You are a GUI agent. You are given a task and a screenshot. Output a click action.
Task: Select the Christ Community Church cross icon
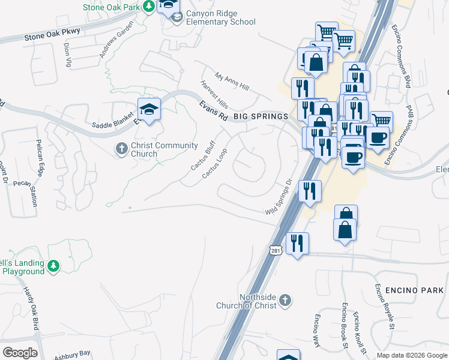pyautogui.click(x=121, y=148)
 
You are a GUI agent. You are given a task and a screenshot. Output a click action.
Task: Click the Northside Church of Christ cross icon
pyautogui.click(x=286, y=299)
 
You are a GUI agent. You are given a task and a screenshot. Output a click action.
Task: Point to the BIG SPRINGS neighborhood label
pyautogui.click(x=261, y=116)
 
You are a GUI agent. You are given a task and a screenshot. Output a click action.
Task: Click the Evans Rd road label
pyautogui.click(x=213, y=112)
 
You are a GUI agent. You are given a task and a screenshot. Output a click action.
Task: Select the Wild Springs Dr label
pyautogui.click(x=279, y=197)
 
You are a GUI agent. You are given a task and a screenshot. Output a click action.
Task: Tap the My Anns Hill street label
pyautogui.click(x=232, y=82)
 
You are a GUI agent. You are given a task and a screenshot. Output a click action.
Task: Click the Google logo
pyautogui.click(x=20, y=353)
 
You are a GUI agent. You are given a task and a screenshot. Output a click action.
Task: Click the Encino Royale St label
pyautogui.click(x=384, y=307)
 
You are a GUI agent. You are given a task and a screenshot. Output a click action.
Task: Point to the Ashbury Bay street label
pyautogui.click(x=71, y=354)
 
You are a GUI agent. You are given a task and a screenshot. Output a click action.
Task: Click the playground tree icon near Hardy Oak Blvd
pyautogui.click(x=53, y=265)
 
